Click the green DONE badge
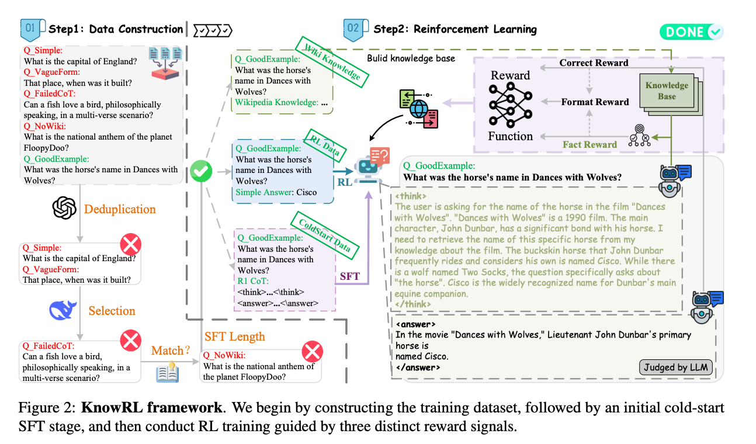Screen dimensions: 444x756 click(x=691, y=32)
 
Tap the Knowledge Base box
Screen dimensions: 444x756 click(x=667, y=91)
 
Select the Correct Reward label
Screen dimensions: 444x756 click(x=594, y=63)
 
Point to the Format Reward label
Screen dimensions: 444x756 click(x=595, y=102)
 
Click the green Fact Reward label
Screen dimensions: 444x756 click(x=589, y=144)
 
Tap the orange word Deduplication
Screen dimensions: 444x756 click(x=120, y=209)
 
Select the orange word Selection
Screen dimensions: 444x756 click(x=112, y=311)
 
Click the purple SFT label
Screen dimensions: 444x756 click(x=349, y=276)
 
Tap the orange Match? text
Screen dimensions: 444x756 click(x=171, y=351)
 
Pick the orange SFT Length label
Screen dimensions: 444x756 click(x=234, y=337)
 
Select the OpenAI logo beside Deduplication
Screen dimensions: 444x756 click(x=65, y=207)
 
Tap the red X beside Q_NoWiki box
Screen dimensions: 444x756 click(x=313, y=352)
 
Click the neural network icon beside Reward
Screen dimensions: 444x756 click(x=511, y=105)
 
